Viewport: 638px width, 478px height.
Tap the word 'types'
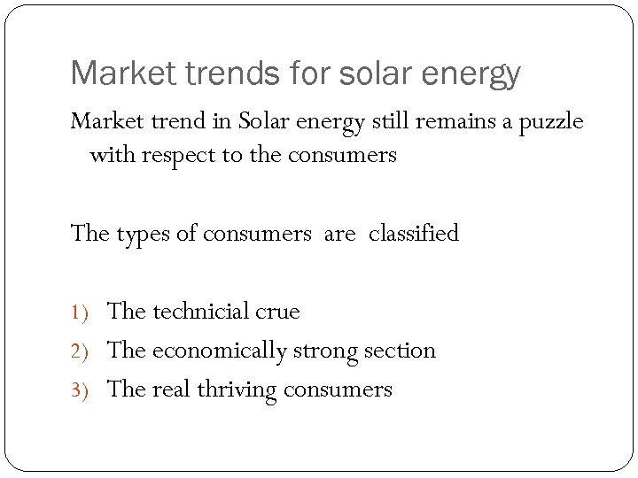pos(140,234)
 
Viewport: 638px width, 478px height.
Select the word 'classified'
pos(414,234)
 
